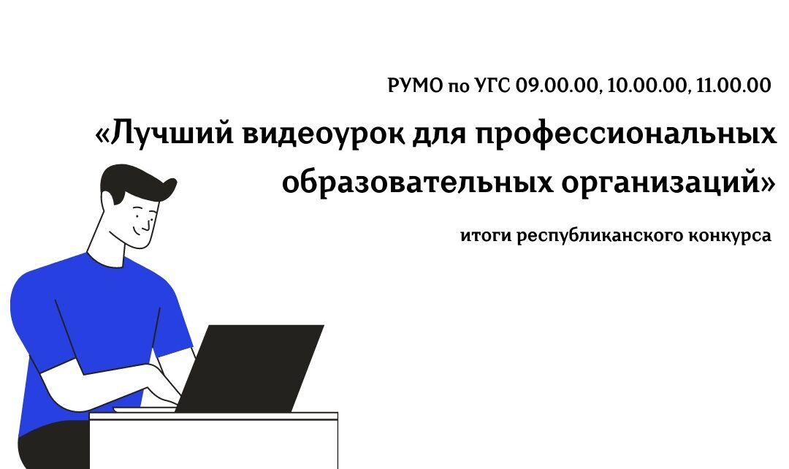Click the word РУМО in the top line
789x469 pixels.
coord(416,85)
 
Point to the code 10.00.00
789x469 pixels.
coord(647,86)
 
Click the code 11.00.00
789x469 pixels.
coord(733,85)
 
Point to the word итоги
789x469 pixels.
coord(484,235)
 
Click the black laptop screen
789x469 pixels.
coord(250,368)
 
